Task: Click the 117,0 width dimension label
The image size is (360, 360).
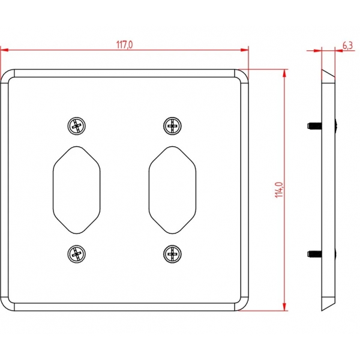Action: pos(124,45)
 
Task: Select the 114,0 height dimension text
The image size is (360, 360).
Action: pos(279,190)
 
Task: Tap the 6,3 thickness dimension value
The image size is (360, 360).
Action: pos(347,46)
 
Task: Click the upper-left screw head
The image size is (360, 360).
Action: pos(77,126)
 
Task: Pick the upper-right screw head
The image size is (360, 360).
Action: pos(172,126)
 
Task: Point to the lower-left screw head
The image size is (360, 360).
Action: pos(77,254)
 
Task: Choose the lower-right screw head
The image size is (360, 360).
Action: pos(172,254)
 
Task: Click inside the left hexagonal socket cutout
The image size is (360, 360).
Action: pos(77,190)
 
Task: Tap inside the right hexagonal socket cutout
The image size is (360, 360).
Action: pos(172,190)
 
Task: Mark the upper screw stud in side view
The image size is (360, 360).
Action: pos(314,125)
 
